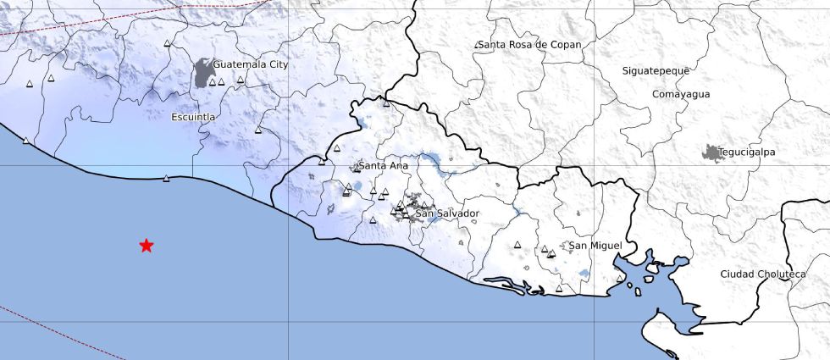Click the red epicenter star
click(x=147, y=246)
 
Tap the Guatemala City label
click(x=251, y=64)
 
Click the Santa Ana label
click(x=384, y=166)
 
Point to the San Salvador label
click(x=447, y=213)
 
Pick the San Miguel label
click(x=595, y=246)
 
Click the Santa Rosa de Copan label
click(x=529, y=44)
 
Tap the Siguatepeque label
click(x=656, y=71)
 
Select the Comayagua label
click(x=681, y=95)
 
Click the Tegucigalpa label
click(x=747, y=152)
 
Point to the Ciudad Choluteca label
click(x=762, y=274)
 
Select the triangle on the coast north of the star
click(x=166, y=178)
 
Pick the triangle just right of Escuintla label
click(x=258, y=130)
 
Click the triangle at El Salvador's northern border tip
click(x=386, y=103)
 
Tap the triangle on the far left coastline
click(x=25, y=141)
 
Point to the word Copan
click(x=564, y=44)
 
